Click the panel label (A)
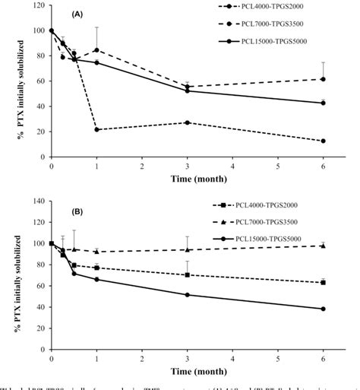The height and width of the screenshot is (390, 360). pos(79,14)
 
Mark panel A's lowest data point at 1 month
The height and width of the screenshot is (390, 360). pos(96,129)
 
